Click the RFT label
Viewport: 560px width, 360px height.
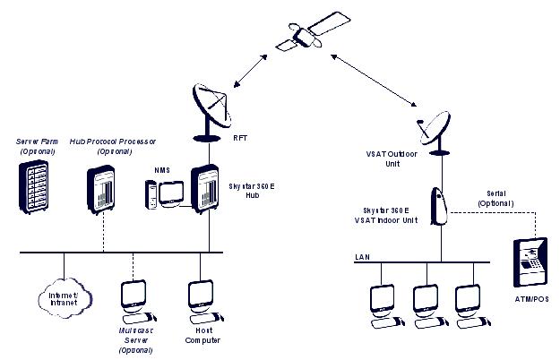pos(240,139)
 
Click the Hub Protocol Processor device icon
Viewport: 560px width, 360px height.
pos(104,190)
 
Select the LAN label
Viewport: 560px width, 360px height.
pos(362,257)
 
